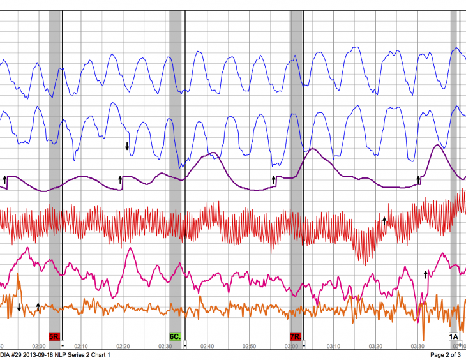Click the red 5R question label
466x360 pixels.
pyautogui.click(x=54, y=336)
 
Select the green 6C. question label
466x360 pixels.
pyautogui.click(x=175, y=336)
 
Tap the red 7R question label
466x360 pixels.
pyautogui.click(x=296, y=336)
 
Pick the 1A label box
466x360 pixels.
pyautogui.click(x=454, y=336)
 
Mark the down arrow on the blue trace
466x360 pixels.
pyautogui.click(x=127, y=146)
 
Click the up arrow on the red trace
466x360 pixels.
pyautogui.click(x=384, y=220)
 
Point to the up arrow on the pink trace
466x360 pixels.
pyautogui.click(x=426, y=274)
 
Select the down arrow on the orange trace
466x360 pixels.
pyautogui.click(x=19, y=308)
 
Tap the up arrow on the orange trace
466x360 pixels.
pyautogui.click(x=38, y=306)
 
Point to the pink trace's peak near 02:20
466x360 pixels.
pyautogui.click(x=130, y=248)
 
